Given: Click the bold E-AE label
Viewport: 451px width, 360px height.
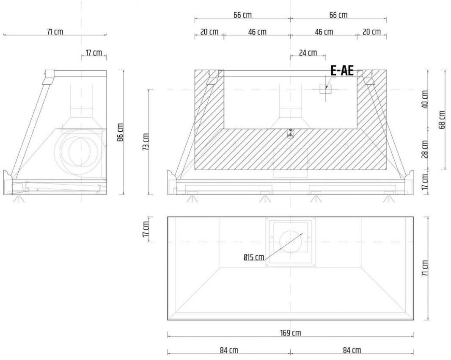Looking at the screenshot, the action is [x=342, y=71].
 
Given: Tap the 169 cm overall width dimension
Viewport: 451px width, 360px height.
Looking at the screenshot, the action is [x=291, y=333].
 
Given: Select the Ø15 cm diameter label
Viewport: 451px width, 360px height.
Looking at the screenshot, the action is [x=254, y=257].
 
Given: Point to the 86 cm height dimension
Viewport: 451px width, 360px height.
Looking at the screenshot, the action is [x=121, y=132].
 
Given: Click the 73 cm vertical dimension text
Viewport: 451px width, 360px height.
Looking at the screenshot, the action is [x=146, y=142].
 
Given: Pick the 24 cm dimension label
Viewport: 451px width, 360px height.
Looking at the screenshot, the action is [x=308, y=53].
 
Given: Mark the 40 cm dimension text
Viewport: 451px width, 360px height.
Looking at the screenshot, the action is [x=425, y=100].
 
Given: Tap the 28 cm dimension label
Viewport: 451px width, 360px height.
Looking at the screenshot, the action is [x=425, y=149].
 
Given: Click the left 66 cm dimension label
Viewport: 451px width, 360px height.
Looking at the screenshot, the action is [x=242, y=15].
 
